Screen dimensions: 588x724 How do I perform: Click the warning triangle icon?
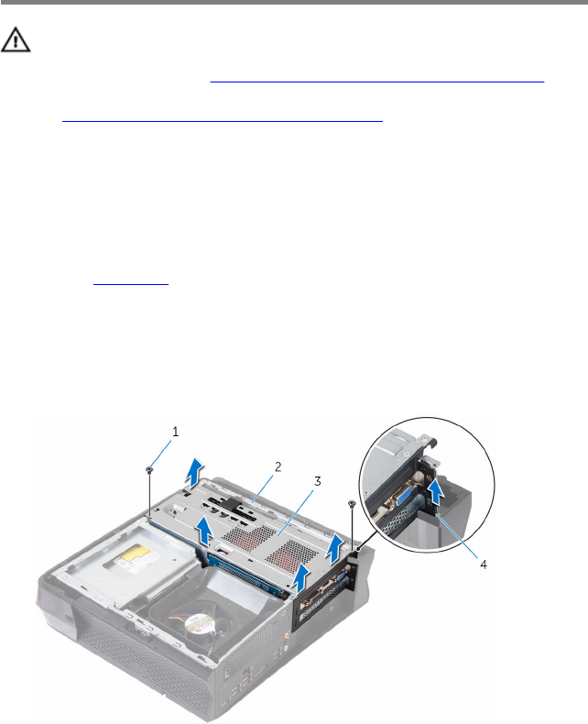point(16,39)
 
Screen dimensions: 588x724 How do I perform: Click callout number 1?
point(175,432)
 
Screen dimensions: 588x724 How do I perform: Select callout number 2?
point(278,466)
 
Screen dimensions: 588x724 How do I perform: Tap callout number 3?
point(317,481)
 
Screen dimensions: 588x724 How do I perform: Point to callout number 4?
point(484,565)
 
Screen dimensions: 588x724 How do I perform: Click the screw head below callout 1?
point(149,469)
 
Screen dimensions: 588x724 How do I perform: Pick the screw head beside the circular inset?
point(352,503)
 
